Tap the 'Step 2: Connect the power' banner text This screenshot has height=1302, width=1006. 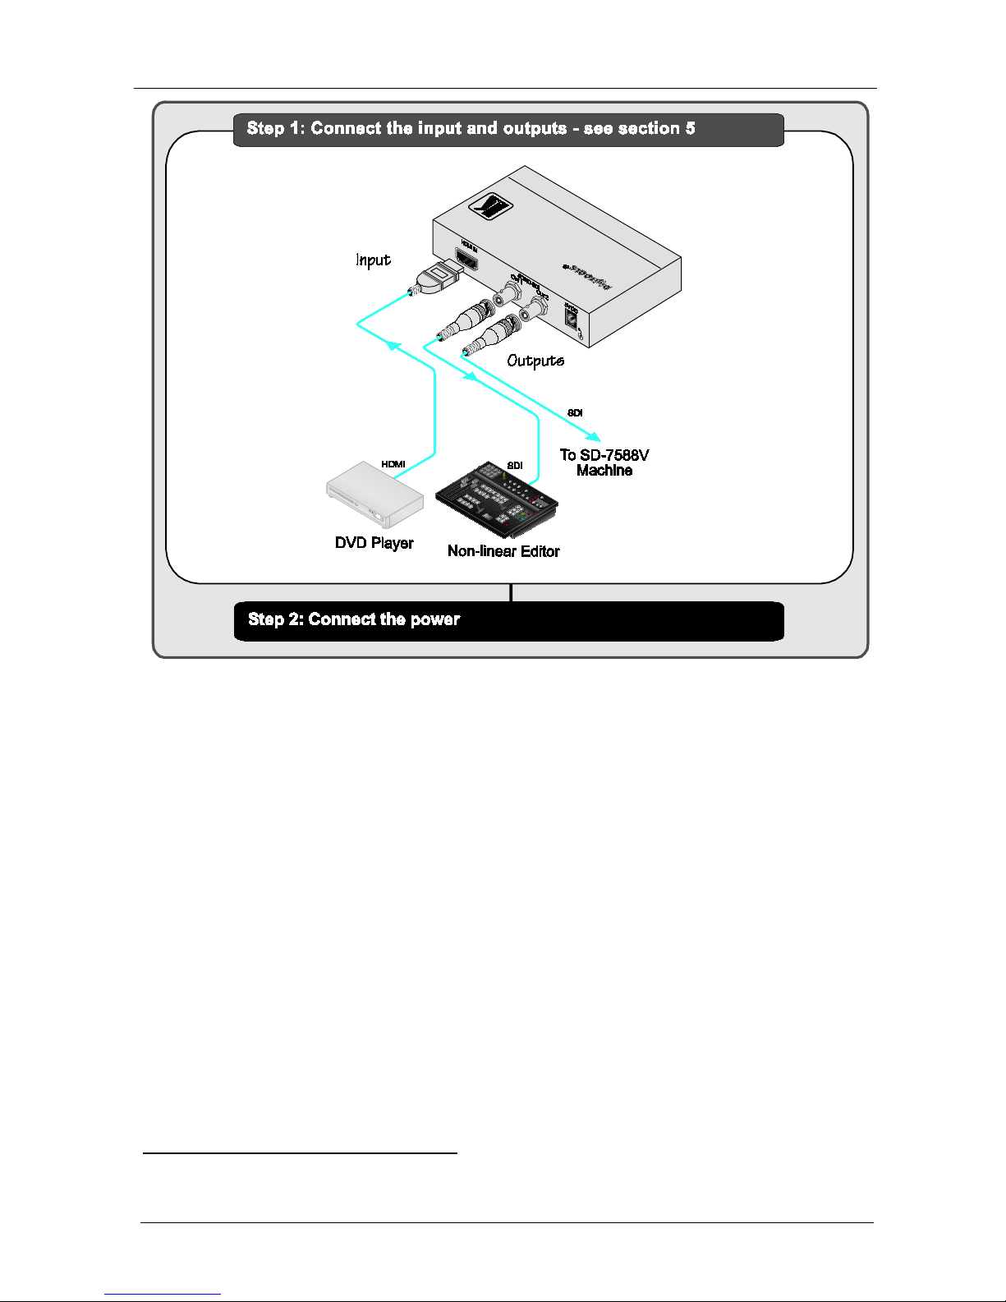point(354,619)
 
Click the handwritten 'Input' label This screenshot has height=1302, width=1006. point(373,260)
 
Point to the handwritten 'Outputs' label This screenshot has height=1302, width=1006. point(535,361)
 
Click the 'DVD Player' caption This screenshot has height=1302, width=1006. point(374,543)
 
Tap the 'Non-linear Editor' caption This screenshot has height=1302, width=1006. point(503,551)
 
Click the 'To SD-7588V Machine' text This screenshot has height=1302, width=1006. point(604,462)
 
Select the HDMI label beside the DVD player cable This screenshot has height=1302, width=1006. point(393,464)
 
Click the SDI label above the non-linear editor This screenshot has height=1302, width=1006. point(515,466)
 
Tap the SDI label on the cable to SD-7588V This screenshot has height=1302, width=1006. point(575,413)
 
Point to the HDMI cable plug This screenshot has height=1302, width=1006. point(437,278)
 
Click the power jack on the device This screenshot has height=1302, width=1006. point(570,319)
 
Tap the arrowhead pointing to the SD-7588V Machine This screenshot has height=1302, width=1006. point(594,436)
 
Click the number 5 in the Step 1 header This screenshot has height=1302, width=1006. point(691,129)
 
